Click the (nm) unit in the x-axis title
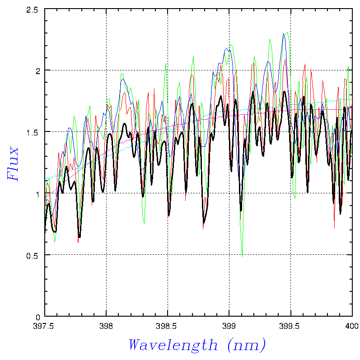pos(247,346)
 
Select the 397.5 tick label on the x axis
pos(44,325)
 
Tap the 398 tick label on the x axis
pos(106,325)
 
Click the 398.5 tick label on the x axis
pos(168,325)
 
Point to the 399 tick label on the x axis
pos(229,325)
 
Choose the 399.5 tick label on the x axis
pos(290,325)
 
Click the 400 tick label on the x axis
pos(352,325)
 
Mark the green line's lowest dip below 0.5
pos(242,257)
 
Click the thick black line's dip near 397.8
pos(79,237)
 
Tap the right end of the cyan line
pos(351,100)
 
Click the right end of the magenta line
pos(351,109)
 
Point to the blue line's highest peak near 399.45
pos(284,33)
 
